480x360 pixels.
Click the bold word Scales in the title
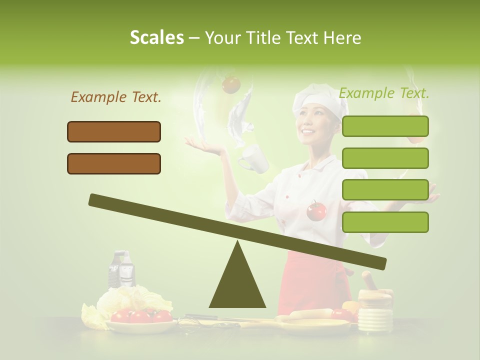pyautogui.click(x=156, y=38)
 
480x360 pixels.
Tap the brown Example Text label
pyautogui.click(x=116, y=97)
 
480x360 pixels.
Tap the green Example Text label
pyautogui.click(x=384, y=93)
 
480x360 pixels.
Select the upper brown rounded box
pyautogui.click(x=114, y=131)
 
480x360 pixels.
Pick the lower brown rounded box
pyautogui.click(x=114, y=163)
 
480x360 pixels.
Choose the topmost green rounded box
pyautogui.click(x=385, y=126)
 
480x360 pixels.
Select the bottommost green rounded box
pyautogui.click(x=385, y=222)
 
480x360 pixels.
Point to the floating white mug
pyautogui.click(x=252, y=158)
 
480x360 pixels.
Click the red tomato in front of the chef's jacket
pyautogui.click(x=316, y=210)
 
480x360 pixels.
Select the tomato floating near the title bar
pyautogui.click(x=231, y=84)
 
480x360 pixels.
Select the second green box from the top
pyautogui.click(x=385, y=158)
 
